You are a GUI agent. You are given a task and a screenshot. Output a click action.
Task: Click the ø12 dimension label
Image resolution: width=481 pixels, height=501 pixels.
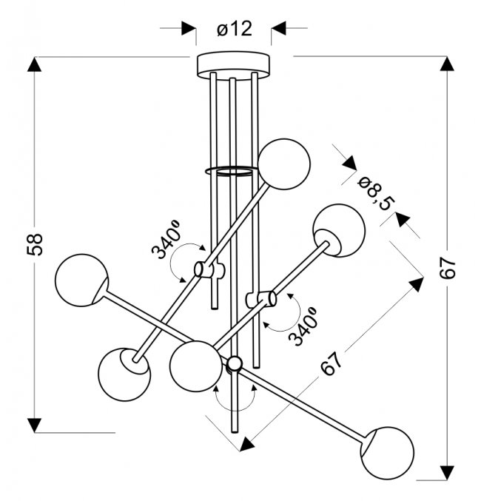point(235,29)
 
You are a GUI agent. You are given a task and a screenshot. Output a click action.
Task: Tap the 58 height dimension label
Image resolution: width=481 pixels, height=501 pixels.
point(35,244)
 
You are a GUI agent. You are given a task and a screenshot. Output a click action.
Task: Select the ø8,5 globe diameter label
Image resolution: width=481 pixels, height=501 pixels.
point(376,195)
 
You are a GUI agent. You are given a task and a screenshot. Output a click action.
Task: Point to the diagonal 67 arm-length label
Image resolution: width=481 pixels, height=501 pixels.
point(331,363)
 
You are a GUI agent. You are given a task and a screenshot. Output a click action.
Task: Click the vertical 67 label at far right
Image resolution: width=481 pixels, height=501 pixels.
point(447,268)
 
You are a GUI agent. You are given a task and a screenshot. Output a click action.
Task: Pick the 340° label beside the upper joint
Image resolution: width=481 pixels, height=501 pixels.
point(166,239)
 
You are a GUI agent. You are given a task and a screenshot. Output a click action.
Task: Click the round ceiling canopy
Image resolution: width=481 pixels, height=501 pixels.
point(233,65)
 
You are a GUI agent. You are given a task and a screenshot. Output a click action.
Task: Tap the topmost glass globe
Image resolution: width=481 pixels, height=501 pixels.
point(284,164)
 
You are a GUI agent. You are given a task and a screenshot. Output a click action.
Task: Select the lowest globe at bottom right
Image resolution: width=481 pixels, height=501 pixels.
point(387,453)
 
